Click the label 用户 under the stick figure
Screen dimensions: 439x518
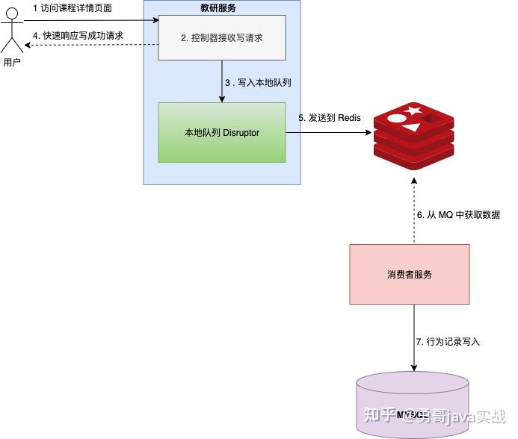[x=12, y=62]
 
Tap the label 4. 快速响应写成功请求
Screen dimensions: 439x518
[x=78, y=35]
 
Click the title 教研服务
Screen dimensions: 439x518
[x=221, y=8]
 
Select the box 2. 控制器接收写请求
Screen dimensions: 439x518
[x=222, y=37]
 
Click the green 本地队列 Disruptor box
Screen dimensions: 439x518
[x=222, y=133]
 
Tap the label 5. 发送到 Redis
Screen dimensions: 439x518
[x=330, y=118]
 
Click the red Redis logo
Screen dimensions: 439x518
[x=413, y=134]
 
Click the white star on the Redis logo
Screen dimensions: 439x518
[x=413, y=112]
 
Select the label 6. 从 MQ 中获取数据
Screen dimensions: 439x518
[x=457, y=215]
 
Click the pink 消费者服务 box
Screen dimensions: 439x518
[x=410, y=274]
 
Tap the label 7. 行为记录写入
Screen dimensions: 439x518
[x=448, y=341]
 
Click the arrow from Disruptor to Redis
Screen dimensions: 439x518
[x=329, y=134]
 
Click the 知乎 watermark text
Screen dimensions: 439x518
[x=380, y=415]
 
